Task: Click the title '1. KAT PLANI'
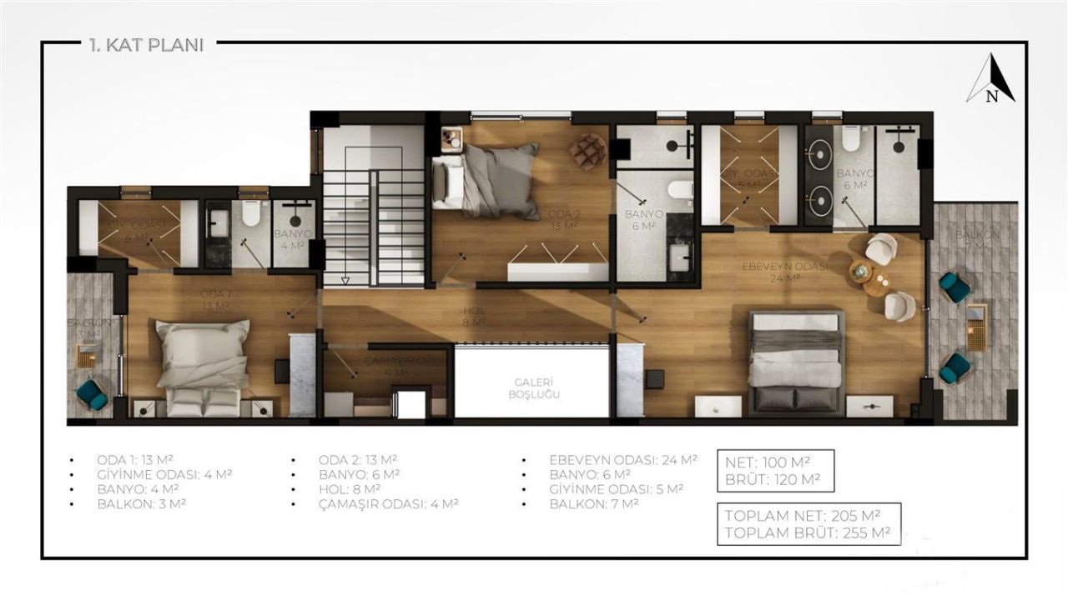(146, 45)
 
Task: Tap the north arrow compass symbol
(991, 80)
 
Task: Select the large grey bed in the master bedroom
(796, 361)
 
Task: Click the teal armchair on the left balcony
(92, 394)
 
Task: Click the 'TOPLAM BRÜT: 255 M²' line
(807, 533)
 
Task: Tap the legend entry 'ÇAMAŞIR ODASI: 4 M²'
(388, 503)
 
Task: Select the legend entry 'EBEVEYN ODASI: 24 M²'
(622, 459)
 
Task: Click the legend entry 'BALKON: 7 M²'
(593, 503)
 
